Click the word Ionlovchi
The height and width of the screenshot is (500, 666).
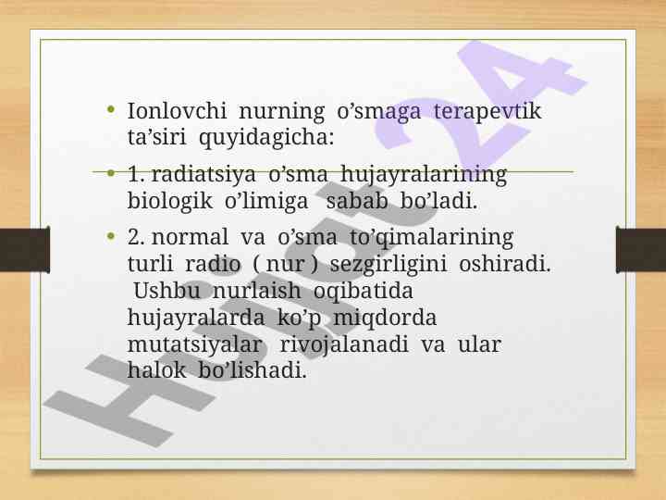coord(177,110)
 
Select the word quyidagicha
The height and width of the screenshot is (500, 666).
coord(265,138)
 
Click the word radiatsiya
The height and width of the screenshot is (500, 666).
coord(203,175)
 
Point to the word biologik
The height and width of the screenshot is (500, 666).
coord(169,202)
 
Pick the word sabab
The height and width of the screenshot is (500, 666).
coord(356,201)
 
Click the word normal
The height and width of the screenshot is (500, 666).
coord(190,237)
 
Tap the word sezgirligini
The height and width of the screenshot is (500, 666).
coord(388,265)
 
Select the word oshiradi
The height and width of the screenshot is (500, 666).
coord(505,264)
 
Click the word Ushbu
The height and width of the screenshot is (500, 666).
coord(166,291)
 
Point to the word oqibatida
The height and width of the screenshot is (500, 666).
coord(364,292)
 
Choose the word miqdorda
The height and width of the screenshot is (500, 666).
coord(385,318)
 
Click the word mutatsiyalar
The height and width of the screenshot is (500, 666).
coord(194,344)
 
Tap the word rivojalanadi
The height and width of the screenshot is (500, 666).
coord(344,344)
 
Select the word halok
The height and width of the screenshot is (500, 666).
coord(156,369)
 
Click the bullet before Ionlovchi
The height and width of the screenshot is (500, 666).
coord(111,110)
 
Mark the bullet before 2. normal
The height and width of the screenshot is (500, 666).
coord(111,235)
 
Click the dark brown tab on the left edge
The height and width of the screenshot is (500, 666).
coord(25,250)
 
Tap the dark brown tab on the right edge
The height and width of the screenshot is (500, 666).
coord(641,250)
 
